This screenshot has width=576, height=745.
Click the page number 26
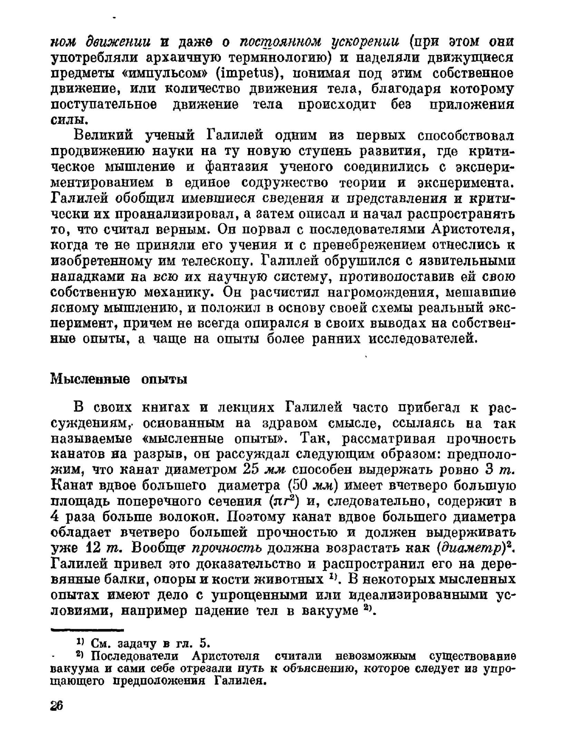[57, 706]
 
